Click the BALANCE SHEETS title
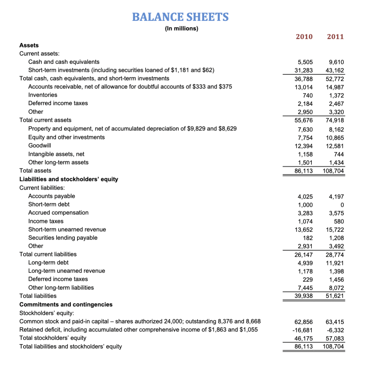coord(180,17)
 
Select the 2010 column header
coord(304,37)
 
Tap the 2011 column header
coord(335,37)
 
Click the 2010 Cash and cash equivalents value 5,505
coord(305,62)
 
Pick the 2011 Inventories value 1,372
coord(337,95)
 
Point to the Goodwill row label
coord(40,145)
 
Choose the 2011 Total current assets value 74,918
coord(335,120)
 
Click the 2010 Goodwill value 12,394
coord(304,146)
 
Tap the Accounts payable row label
coord(52,196)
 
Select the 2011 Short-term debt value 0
coord(342,205)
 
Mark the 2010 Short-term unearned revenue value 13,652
coord(304,230)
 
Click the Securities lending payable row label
coord(63,238)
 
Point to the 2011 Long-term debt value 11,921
coord(335,263)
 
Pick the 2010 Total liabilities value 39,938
coord(304,296)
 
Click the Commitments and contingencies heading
coord(66,305)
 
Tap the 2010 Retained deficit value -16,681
coord(303,330)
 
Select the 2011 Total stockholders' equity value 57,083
coord(335,338)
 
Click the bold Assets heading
coord(29,45)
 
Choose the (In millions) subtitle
coord(182,28)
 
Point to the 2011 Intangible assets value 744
coord(339,154)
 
